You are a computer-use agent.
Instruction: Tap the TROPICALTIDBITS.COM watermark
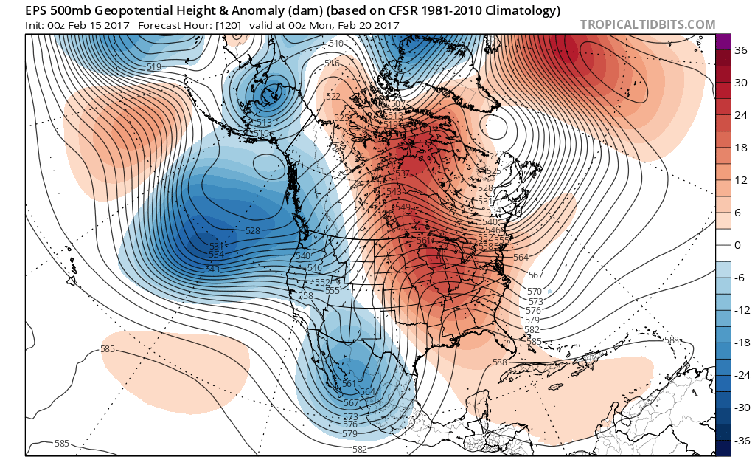(647, 24)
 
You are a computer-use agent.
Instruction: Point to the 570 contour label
(535, 291)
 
